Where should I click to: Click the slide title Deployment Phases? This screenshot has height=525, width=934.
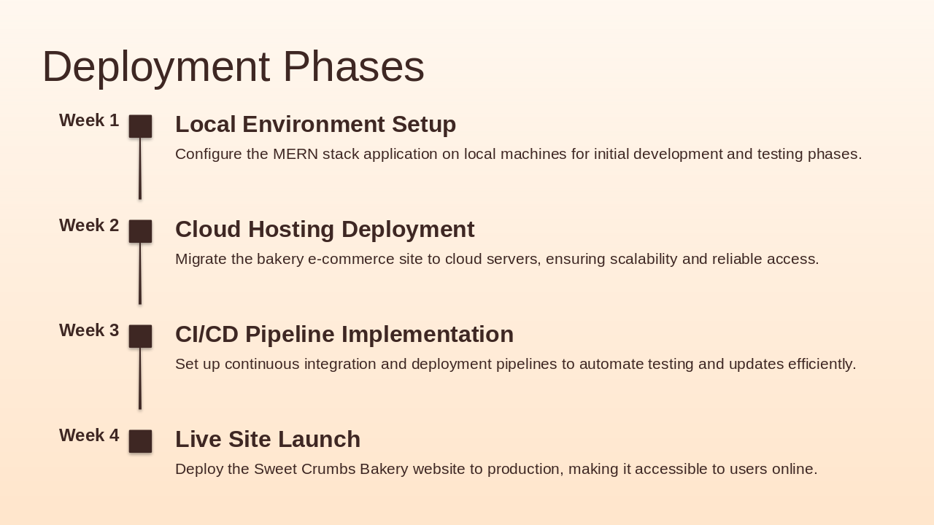pyautogui.click(x=233, y=66)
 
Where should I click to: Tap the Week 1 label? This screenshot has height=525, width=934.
pyautogui.click(x=89, y=120)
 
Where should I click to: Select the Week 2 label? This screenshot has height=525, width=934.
pyautogui.click(x=89, y=225)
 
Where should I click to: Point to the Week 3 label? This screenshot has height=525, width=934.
pyautogui.click(x=89, y=330)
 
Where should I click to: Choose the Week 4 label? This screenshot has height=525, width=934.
pyautogui.click(x=89, y=435)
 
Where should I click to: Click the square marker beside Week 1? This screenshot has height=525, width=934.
pyautogui.click(x=140, y=126)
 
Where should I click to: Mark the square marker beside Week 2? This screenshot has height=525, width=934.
pyautogui.click(x=140, y=231)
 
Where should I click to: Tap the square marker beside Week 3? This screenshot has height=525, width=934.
pyautogui.click(x=140, y=336)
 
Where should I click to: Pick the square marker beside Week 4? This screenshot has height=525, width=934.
pyautogui.click(x=140, y=441)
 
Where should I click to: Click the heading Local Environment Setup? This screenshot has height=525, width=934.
pyautogui.click(x=316, y=125)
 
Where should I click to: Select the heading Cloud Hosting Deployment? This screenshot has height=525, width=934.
pyautogui.click(x=325, y=230)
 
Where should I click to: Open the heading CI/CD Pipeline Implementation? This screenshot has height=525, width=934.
pyautogui.click(x=344, y=335)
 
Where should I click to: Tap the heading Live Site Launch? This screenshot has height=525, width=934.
pyautogui.click(x=268, y=440)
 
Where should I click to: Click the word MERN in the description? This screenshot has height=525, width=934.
pyautogui.click(x=296, y=154)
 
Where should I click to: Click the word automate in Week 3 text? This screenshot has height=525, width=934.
pyautogui.click(x=611, y=364)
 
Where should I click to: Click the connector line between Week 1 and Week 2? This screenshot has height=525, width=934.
pyautogui.click(x=140, y=168)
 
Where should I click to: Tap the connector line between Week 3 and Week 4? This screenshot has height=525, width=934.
pyautogui.click(x=140, y=378)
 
